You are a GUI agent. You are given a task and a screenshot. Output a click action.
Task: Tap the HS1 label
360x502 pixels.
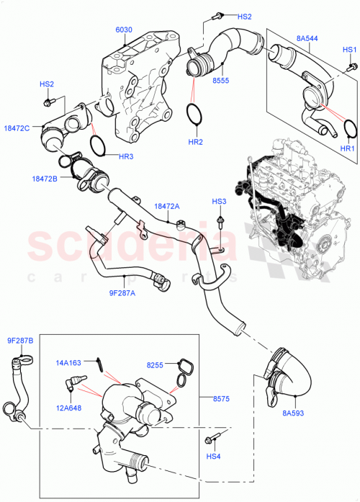point(349,49)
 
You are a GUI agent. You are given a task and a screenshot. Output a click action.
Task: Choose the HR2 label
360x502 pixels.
point(195,143)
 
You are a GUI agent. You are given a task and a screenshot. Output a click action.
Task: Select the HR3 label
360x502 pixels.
point(105,157)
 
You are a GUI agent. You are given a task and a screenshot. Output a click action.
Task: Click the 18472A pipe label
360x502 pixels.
point(167,206)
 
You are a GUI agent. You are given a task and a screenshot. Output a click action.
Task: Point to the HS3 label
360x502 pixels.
point(219,201)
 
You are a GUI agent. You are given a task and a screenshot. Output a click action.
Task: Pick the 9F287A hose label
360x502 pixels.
point(122,294)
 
